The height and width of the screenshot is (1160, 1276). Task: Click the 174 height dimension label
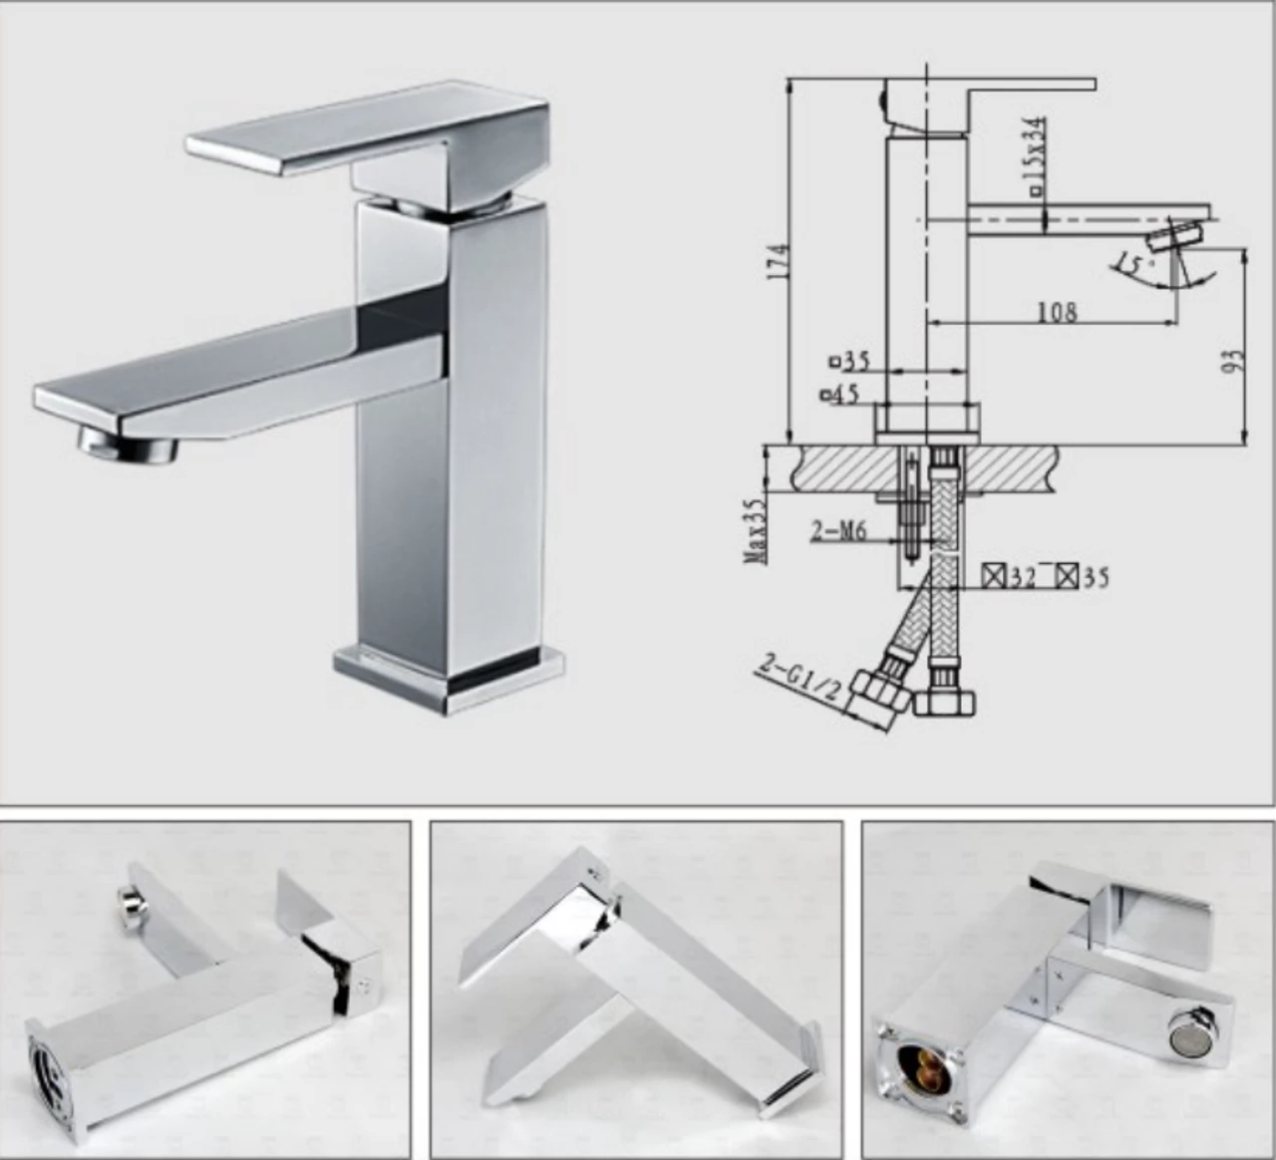tap(779, 261)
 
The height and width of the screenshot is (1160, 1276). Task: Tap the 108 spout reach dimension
tap(1057, 312)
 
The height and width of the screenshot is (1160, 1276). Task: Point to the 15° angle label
tap(1131, 265)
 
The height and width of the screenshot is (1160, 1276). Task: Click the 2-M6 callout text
tap(836, 531)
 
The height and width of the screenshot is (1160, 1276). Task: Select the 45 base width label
tap(843, 394)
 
